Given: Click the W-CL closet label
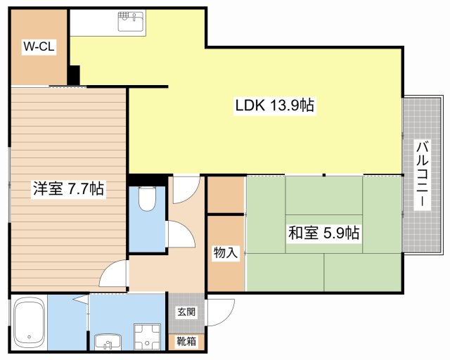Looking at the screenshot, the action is pyautogui.click(x=39, y=46).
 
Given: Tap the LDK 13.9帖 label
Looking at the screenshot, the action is pyautogui.click(x=275, y=105).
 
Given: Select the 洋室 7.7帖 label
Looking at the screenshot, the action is pyautogui.click(x=68, y=189).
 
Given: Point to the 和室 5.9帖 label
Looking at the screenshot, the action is pyautogui.click(x=323, y=233).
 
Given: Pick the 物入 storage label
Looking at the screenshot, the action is pyautogui.click(x=226, y=253).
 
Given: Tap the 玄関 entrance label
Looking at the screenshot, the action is pyautogui.click(x=186, y=311).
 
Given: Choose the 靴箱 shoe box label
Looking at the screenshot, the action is pyautogui.click(x=186, y=342).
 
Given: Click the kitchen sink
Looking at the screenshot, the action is pyautogui.click(x=132, y=21).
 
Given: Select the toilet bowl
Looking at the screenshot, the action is pyautogui.click(x=147, y=199).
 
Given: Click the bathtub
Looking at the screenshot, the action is pyautogui.click(x=30, y=323).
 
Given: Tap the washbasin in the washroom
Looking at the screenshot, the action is pyautogui.click(x=108, y=342).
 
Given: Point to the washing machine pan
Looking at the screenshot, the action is pyautogui.click(x=147, y=337).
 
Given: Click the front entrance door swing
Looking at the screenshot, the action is pyautogui.click(x=220, y=312).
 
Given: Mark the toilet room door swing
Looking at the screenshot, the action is pyautogui.click(x=181, y=234).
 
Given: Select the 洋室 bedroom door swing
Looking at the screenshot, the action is pyautogui.click(x=112, y=274).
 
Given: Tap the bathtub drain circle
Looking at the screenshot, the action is pyautogui.click(x=29, y=337).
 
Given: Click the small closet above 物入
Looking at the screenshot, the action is pyautogui.click(x=226, y=195).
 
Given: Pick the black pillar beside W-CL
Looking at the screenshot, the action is pyautogui.click(x=73, y=75).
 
